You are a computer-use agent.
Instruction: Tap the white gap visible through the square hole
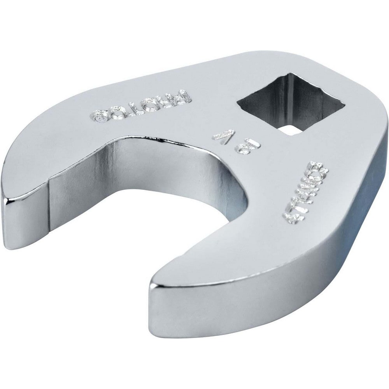click(291, 130)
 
